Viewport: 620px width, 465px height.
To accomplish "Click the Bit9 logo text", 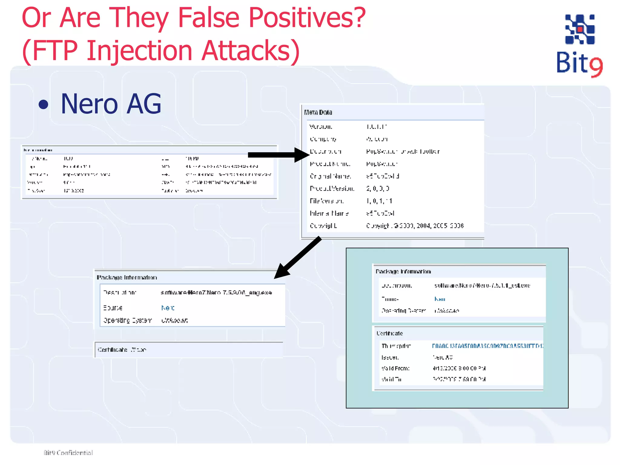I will click(x=579, y=63).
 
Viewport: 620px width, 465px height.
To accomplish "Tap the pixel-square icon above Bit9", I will click(x=580, y=29).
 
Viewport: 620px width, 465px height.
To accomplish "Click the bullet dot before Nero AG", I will click(x=44, y=104).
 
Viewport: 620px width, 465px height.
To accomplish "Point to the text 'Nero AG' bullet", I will click(x=111, y=104).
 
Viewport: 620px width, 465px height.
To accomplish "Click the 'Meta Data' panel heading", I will click(x=318, y=112).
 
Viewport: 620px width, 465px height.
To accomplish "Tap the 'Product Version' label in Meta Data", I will click(x=332, y=189).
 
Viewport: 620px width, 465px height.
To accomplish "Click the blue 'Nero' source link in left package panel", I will click(x=168, y=308).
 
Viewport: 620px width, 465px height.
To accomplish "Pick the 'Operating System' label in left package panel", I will click(x=127, y=320).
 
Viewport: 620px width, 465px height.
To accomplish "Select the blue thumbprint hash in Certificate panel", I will click(x=487, y=346).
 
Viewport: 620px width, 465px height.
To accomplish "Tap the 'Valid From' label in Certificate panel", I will click(x=395, y=368).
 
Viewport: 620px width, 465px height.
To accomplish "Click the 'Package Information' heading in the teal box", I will click(x=403, y=272).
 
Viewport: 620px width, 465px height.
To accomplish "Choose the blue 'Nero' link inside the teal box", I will click(x=440, y=299).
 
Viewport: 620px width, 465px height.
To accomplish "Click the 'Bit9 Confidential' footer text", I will click(x=68, y=453).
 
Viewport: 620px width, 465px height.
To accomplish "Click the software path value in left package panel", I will click(x=216, y=293).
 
